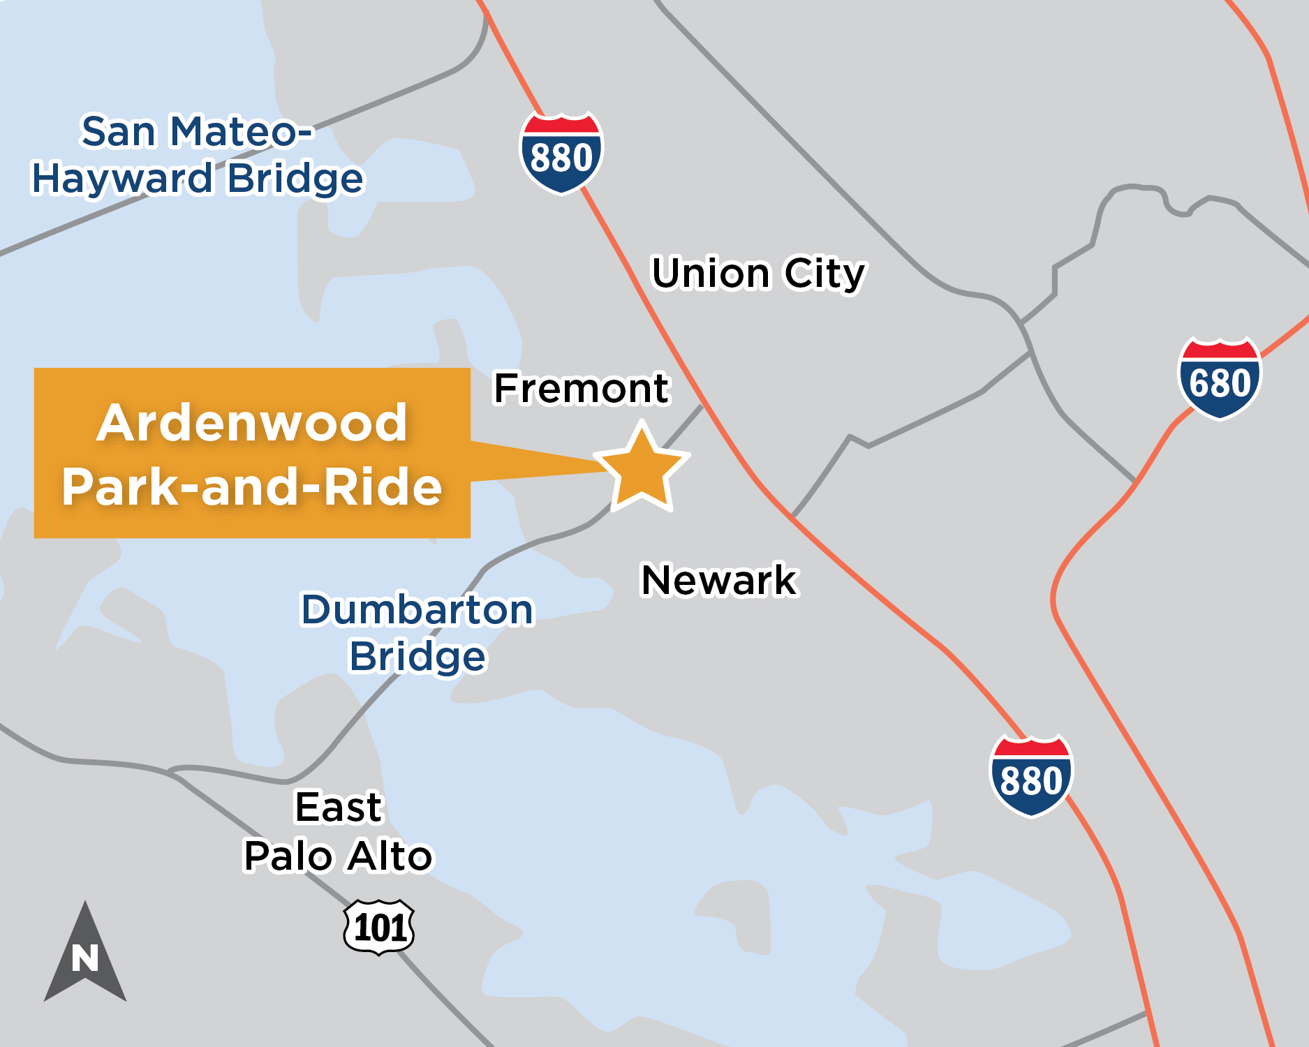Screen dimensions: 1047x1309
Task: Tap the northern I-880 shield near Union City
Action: (x=561, y=153)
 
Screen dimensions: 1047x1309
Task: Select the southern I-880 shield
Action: (x=1031, y=775)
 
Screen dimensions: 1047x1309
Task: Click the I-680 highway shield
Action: (x=1220, y=378)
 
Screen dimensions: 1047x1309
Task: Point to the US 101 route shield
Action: (x=379, y=927)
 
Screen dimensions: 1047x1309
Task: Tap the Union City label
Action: (x=758, y=273)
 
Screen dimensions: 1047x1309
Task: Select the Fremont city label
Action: (x=582, y=388)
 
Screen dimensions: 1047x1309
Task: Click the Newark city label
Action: (x=719, y=580)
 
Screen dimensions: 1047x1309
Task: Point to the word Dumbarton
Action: (x=417, y=609)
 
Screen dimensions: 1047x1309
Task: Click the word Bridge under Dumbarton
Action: (x=417, y=657)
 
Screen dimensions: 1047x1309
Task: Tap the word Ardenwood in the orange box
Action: (x=252, y=423)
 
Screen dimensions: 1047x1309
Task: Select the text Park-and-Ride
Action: (x=252, y=487)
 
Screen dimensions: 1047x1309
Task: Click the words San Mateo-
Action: (x=198, y=132)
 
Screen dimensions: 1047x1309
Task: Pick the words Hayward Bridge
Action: (x=198, y=179)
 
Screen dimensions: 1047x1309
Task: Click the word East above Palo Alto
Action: (x=339, y=808)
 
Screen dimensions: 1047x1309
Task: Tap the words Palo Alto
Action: (x=339, y=856)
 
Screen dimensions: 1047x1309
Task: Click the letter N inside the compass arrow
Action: (x=85, y=958)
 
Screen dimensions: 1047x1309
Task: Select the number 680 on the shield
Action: (x=1220, y=383)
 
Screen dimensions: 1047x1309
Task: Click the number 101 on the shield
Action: (x=380, y=928)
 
